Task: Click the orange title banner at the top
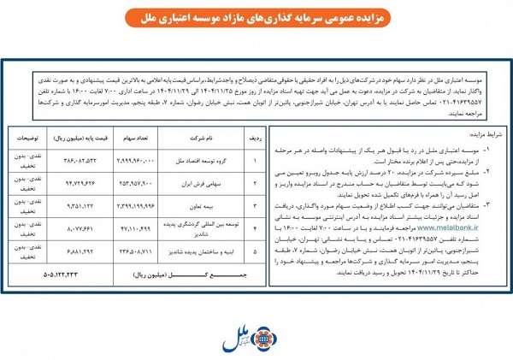[256, 17]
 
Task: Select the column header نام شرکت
[202, 136]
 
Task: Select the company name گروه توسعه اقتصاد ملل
[202, 160]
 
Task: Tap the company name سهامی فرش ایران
[202, 183]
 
